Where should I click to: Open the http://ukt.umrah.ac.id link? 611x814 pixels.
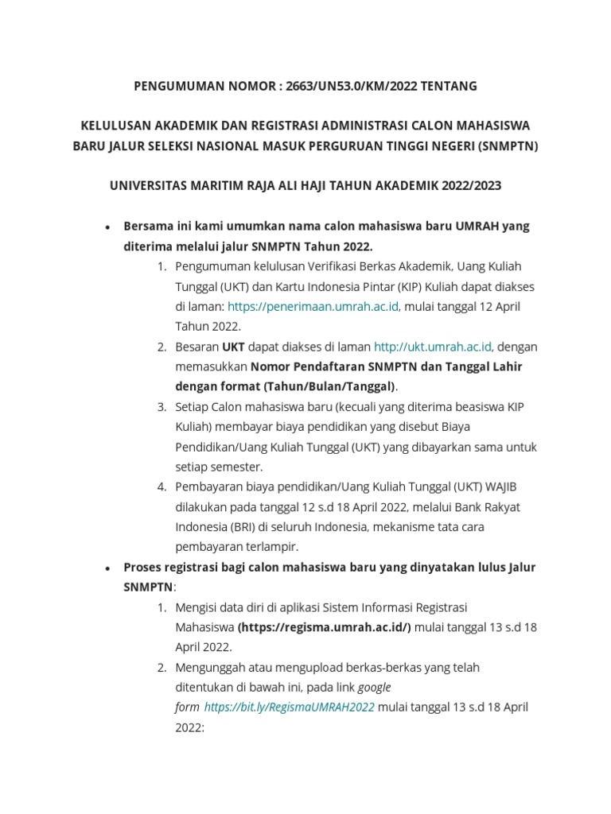click(434, 347)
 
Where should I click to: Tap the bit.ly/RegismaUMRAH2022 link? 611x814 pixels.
click(290, 707)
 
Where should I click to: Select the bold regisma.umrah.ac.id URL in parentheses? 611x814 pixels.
click(325, 626)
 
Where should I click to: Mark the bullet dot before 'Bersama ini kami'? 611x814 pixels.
click(107, 227)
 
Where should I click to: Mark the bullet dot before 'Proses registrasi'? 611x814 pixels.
click(107, 568)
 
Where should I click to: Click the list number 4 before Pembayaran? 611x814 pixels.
click(162, 486)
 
